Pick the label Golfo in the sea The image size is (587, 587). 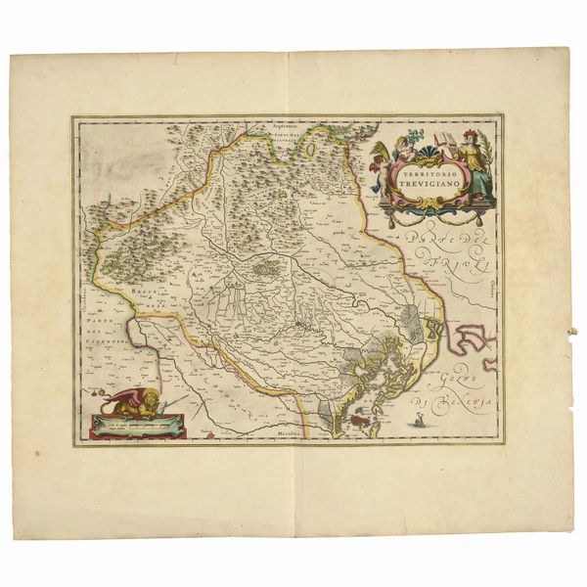point(463,376)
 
